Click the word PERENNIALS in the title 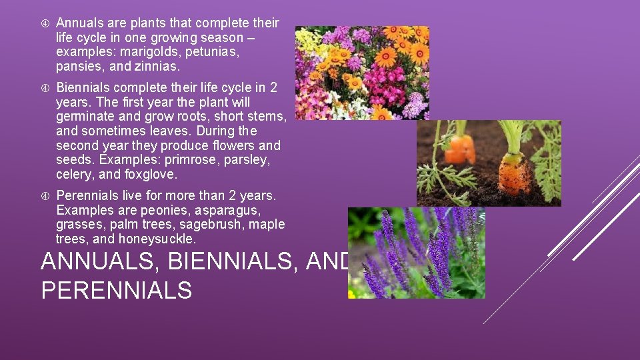pyautogui.click(x=116, y=291)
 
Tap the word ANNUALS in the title pyautogui.click(x=100, y=262)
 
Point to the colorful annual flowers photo pyautogui.click(x=362, y=73)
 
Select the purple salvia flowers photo pyautogui.click(x=416, y=253)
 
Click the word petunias pyautogui.click(x=214, y=52)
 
